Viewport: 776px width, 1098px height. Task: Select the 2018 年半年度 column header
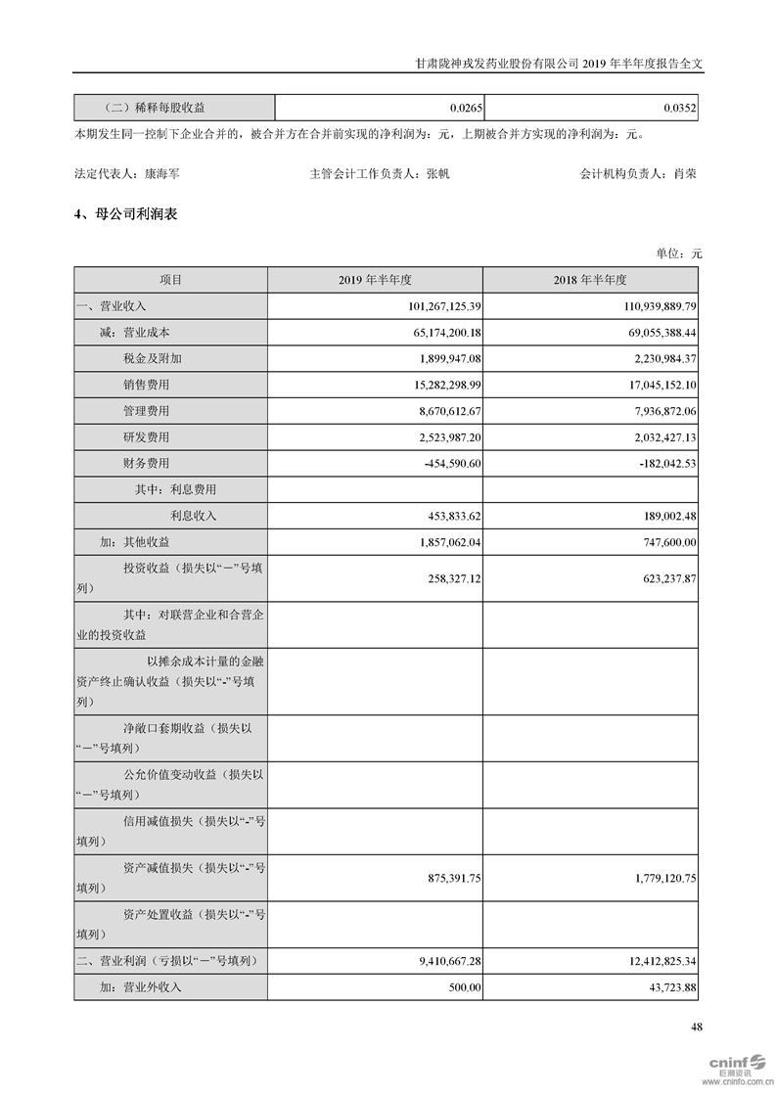[589, 280]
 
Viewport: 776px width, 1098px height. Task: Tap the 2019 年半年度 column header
[375, 280]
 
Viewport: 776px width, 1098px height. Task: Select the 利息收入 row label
[194, 516]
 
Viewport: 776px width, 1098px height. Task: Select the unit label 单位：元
[679, 253]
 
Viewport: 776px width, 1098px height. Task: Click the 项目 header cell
[170, 280]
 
